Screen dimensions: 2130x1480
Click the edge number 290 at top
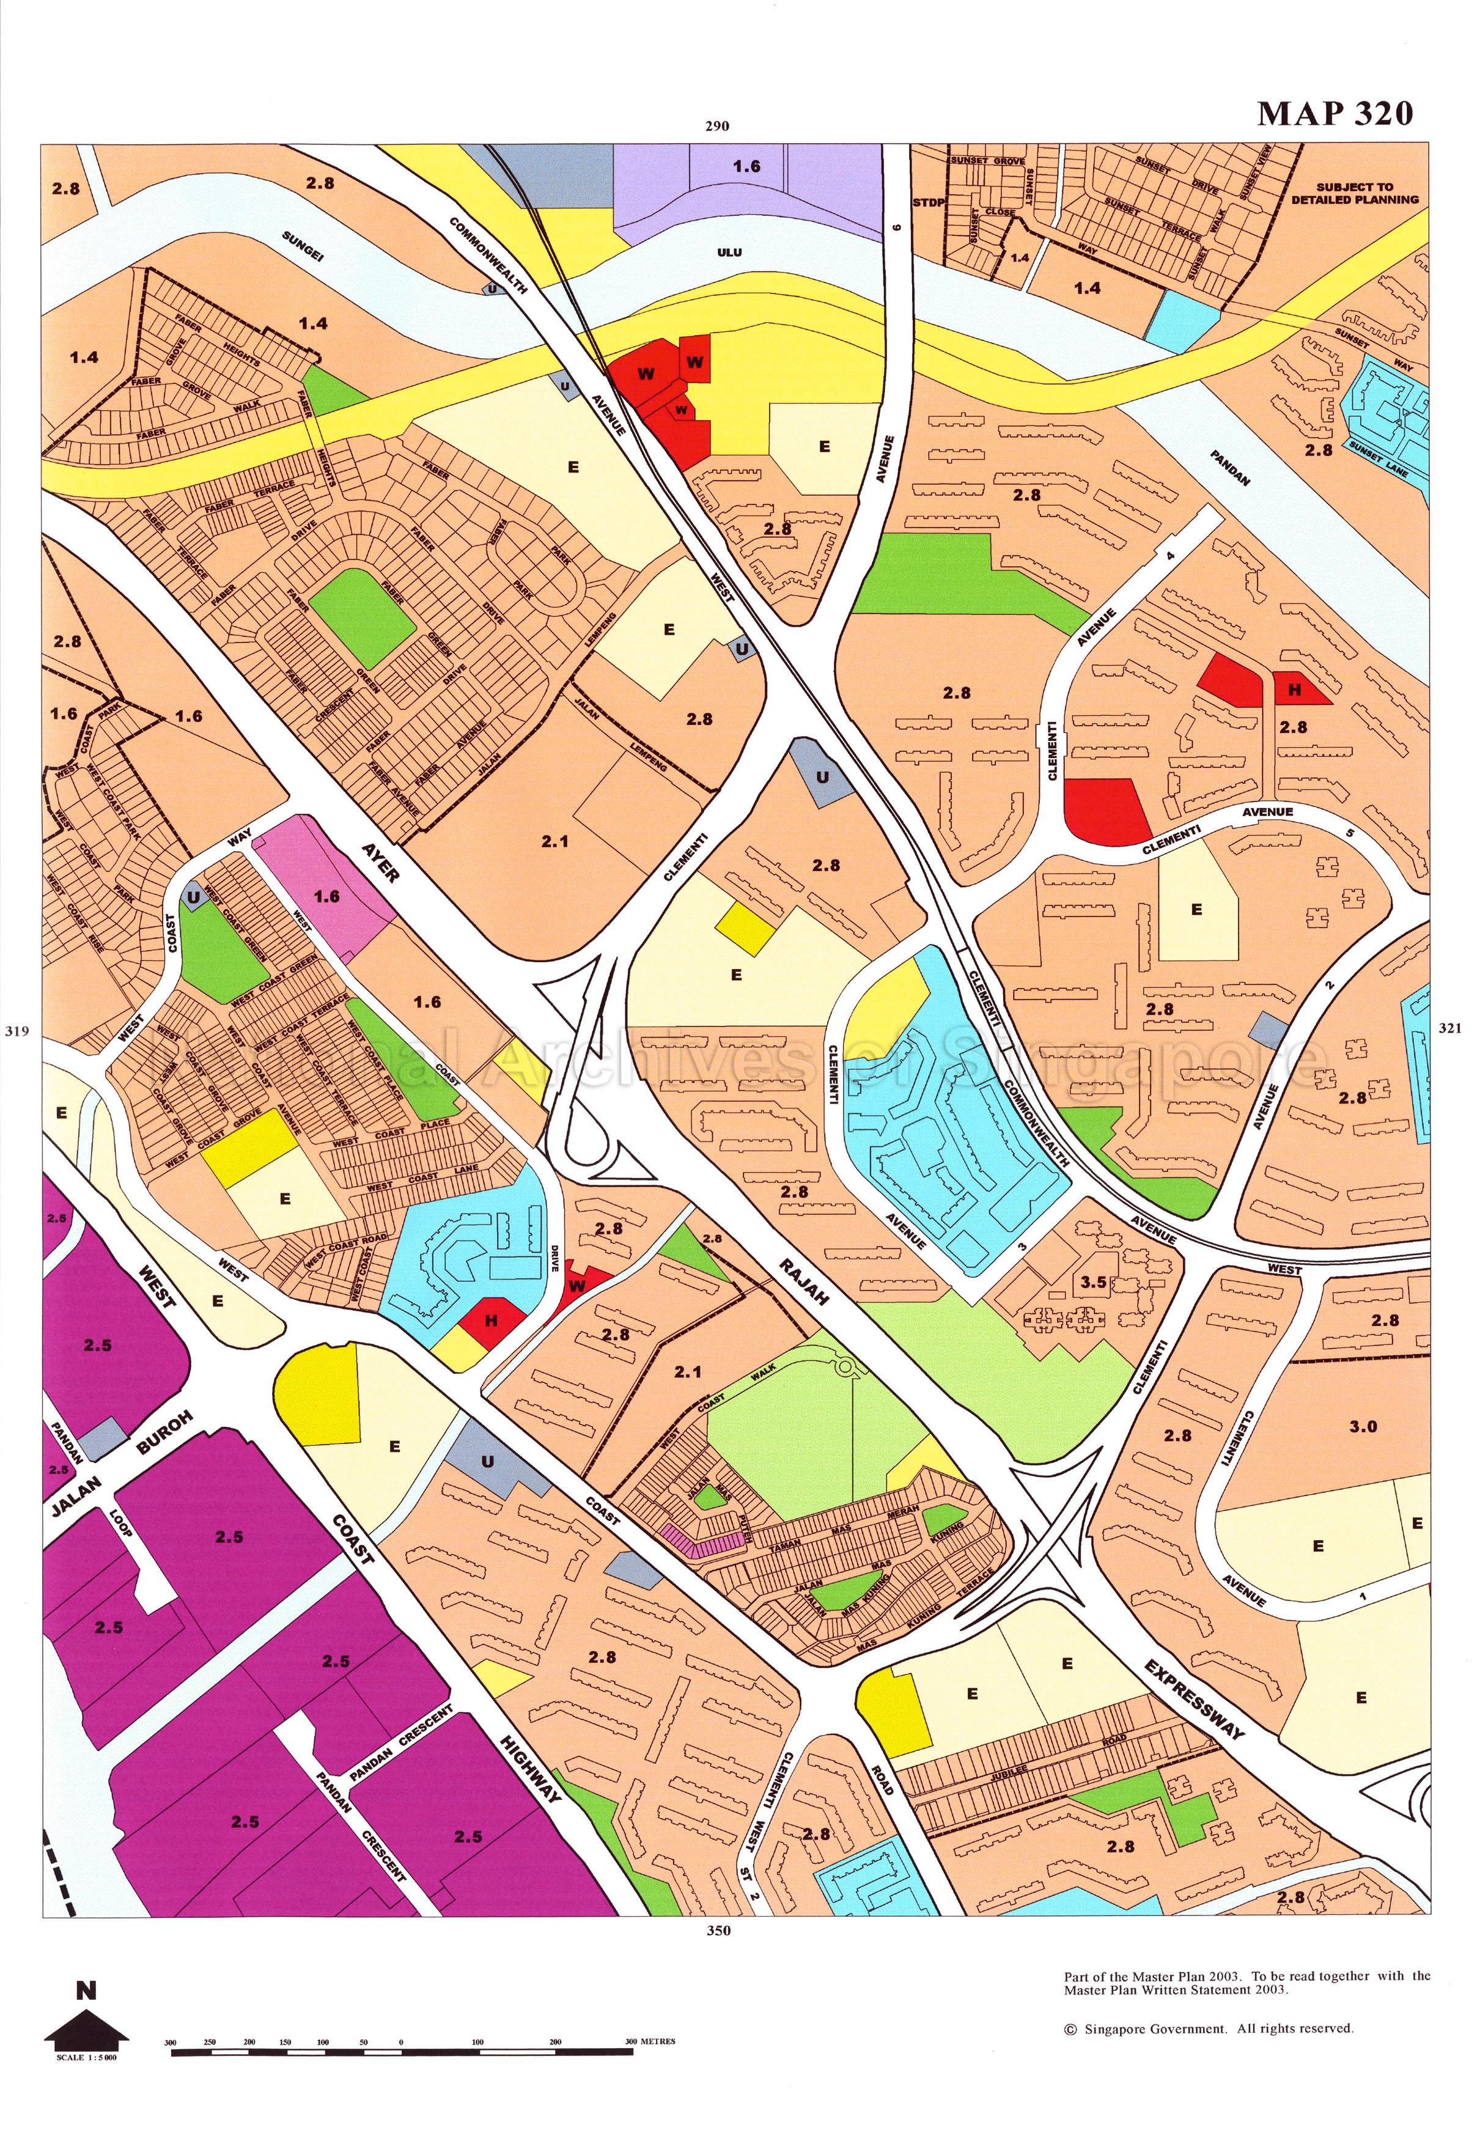[x=717, y=127]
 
